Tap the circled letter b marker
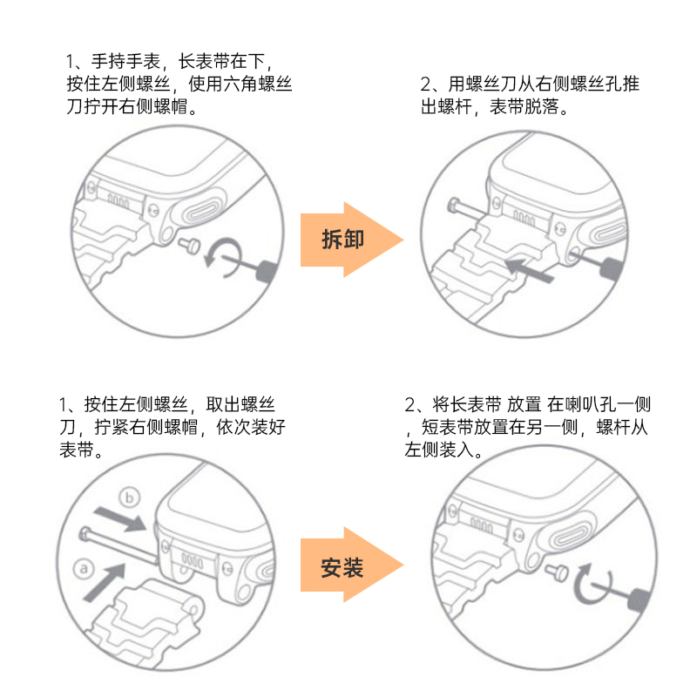coord(130,497)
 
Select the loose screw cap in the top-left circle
coord(190,247)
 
